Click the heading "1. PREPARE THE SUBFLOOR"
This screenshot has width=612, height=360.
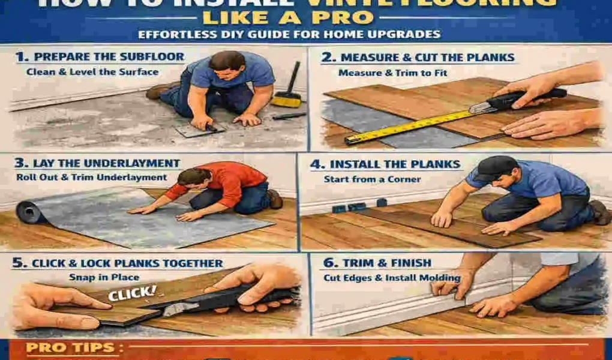(x=100, y=58)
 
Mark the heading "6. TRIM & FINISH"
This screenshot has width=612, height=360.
(x=377, y=263)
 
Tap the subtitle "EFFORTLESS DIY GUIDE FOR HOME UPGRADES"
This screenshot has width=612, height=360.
(x=289, y=35)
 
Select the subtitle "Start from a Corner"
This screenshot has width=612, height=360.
(x=372, y=179)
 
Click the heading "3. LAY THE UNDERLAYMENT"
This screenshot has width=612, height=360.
(x=98, y=163)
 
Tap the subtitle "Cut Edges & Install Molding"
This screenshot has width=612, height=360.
(x=392, y=278)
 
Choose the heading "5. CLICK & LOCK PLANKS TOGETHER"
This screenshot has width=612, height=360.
(x=120, y=263)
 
